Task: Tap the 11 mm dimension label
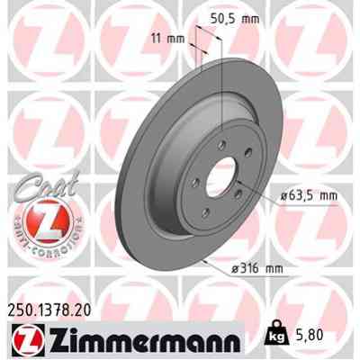(x=168, y=39)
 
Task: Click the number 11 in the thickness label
(x=158, y=39)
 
